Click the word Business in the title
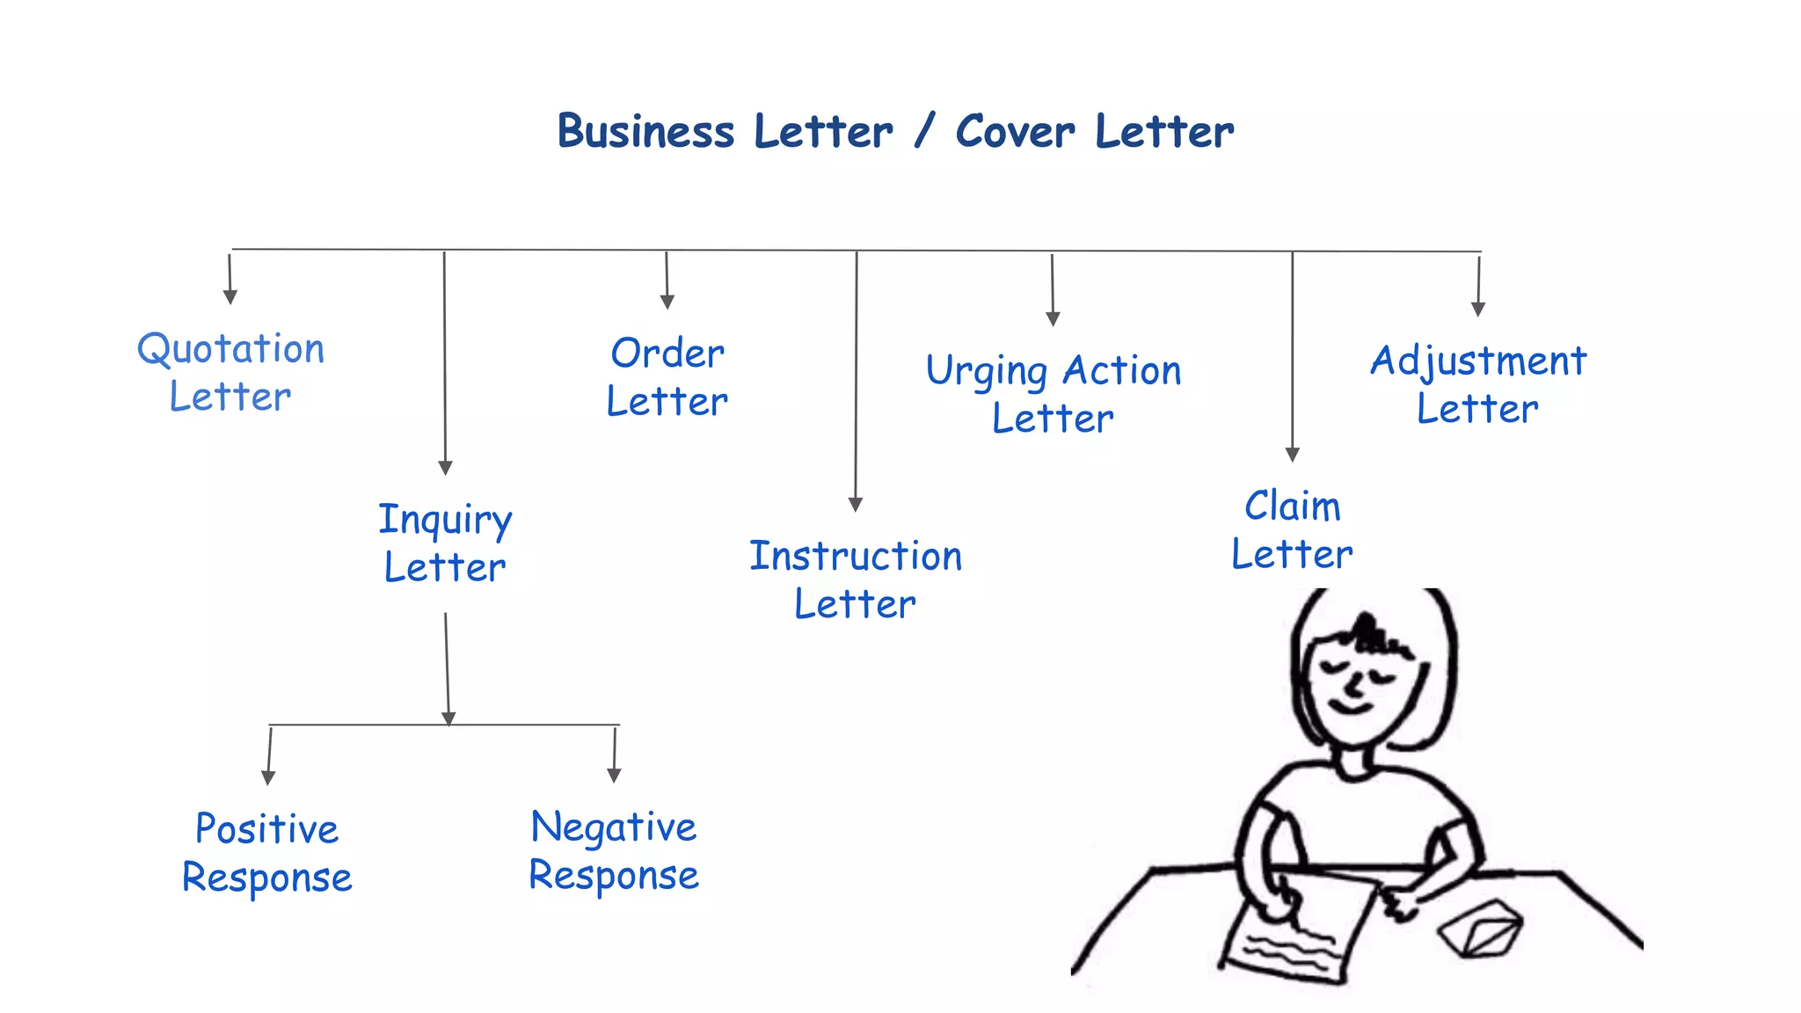pyautogui.click(x=645, y=132)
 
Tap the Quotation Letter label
pyautogui.click(x=231, y=373)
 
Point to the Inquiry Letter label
pyautogui.click(x=445, y=543)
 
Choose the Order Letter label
pyautogui.click(x=667, y=377)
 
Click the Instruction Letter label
pyautogui.click(x=856, y=579)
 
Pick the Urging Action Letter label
pyautogui.click(x=1054, y=394)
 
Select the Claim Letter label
pyautogui.click(x=1292, y=530)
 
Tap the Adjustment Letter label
pyautogui.click(x=1478, y=384)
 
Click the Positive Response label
pyautogui.click(x=267, y=853)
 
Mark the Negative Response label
pyautogui.click(x=614, y=851)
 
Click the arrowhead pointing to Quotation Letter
pyautogui.click(x=230, y=297)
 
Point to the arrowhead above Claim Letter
pyautogui.click(x=1293, y=454)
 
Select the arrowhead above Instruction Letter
pyautogui.click(x=856, y=504)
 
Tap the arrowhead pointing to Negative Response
pyautogui.click(x=614, y=775)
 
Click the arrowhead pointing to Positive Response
pyautogui.click(x=268, y=777)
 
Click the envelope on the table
pyautogui.click(x=1482, y=928)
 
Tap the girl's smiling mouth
pyautogui.click(x=1350, y=703)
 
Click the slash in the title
pyautogui.click(x=923, y=132)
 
